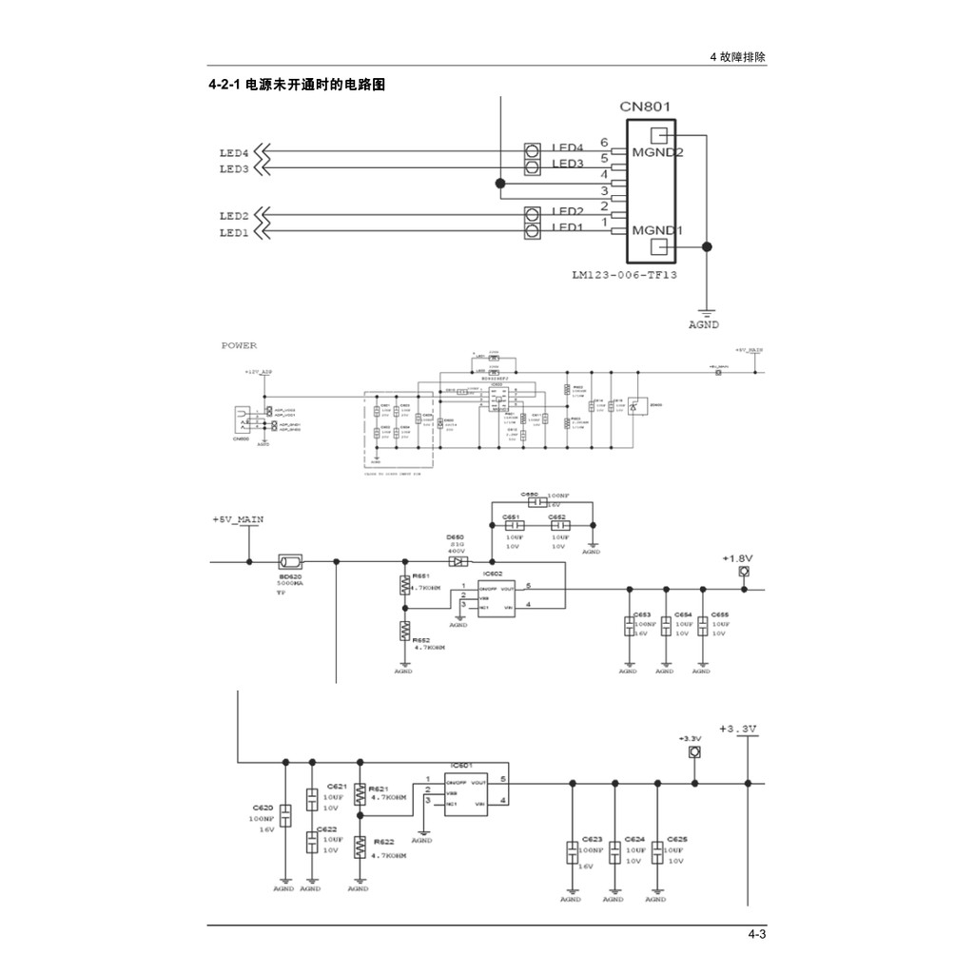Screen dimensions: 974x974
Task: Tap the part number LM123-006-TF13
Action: click(624, 275)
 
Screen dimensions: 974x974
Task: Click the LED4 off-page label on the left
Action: click(234, 152)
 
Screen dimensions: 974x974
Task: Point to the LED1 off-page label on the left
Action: click(234, 232)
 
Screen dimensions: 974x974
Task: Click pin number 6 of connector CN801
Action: click(604, 143)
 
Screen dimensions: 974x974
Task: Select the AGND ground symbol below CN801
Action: click(706, 314)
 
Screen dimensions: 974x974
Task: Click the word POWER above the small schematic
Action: click(239, 346)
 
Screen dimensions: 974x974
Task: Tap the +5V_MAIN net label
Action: click(238, 519)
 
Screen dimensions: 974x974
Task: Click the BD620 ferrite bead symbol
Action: click(289, 561)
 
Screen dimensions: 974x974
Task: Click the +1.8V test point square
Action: click(745, 572)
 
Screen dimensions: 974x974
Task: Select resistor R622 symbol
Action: click(360, 847)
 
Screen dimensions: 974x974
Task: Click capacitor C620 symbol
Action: click(285, 815)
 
